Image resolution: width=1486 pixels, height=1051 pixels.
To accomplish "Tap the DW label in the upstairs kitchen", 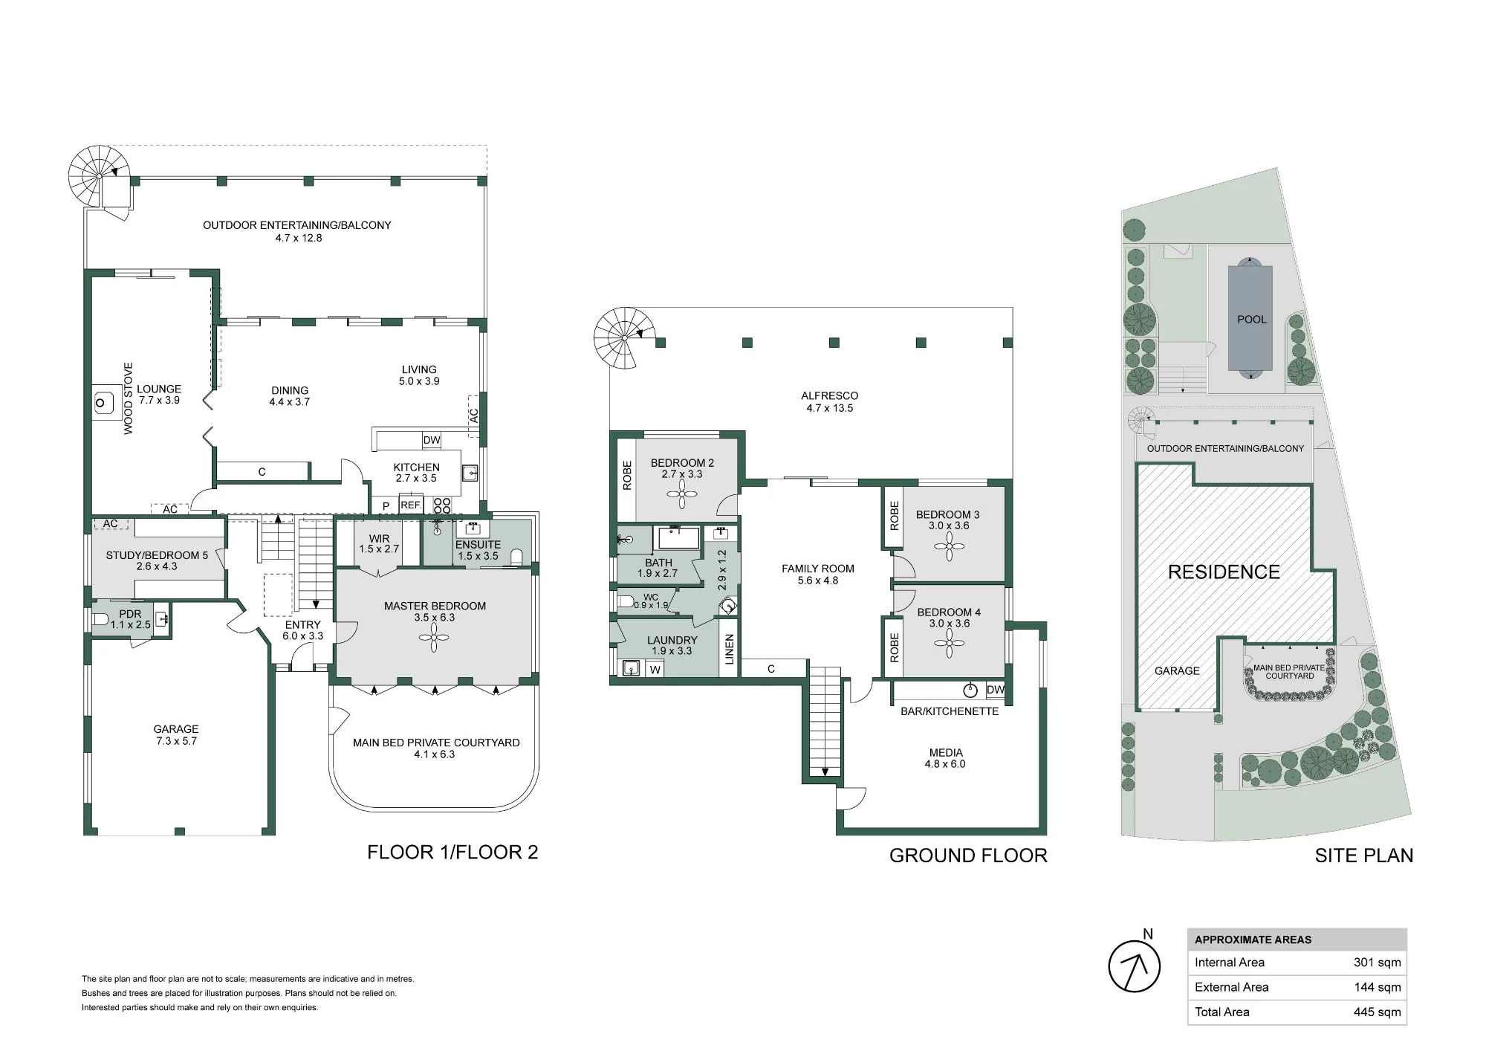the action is click(x=432, y=440).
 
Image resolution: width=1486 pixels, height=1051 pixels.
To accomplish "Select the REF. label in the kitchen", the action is click(x=411, y=505).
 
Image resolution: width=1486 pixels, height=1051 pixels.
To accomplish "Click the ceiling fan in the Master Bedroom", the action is click(x=435, y=637).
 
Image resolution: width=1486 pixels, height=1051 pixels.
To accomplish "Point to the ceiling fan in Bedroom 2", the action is click(x=681, y=494).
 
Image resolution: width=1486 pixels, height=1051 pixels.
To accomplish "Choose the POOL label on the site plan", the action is click(x=1252, y=320).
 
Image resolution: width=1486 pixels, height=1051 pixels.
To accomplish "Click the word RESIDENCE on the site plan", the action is click(x=1224, y=572).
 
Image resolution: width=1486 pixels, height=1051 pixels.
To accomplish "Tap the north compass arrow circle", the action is click(x=1134, y=966).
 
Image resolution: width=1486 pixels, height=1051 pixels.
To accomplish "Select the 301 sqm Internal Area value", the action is click(x=1378, y=963).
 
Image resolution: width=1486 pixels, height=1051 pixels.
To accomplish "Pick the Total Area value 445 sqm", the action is click(x=1378, y=1012).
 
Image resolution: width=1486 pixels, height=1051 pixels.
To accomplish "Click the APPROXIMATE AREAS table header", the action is click(x=1253, y=940).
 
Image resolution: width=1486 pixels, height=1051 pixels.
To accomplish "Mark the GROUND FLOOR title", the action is click(x=968, y=856).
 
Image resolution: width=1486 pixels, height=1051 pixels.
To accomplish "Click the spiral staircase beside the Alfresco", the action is click(x=625, y=338).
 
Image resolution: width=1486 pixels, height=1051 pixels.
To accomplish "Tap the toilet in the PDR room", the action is click(x=101, y=618).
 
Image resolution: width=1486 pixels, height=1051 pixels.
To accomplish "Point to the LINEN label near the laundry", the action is click(x=729, y=649).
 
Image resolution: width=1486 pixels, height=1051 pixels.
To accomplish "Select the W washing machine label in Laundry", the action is click(x=655, y=670).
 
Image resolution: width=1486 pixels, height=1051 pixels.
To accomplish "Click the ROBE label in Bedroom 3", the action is click(x=894, y=516).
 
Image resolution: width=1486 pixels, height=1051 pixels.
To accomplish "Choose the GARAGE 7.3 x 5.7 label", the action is click(x=176, y=735).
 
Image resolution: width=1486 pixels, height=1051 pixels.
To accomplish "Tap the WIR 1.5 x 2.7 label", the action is click(x=379, y=544).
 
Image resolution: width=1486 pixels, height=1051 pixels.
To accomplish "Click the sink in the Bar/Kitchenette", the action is click(x=971, y=691).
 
